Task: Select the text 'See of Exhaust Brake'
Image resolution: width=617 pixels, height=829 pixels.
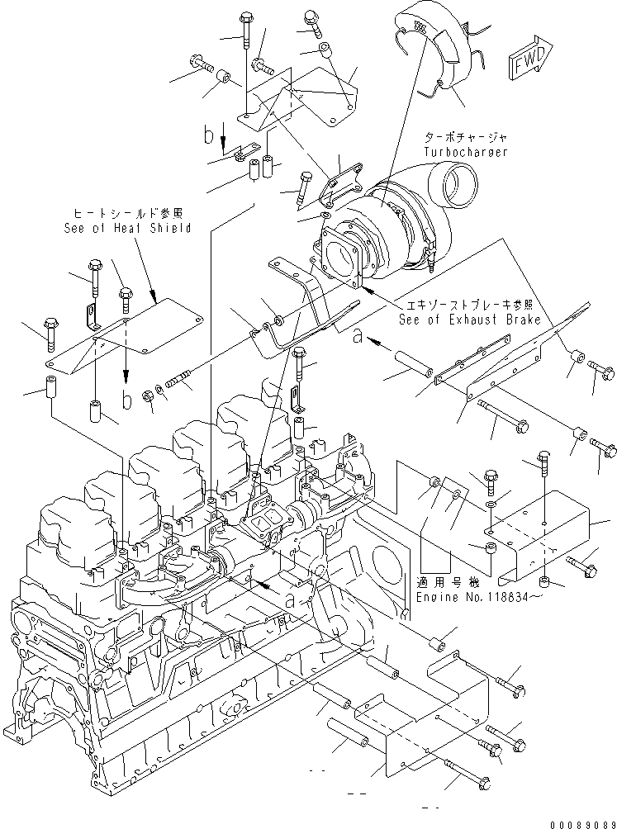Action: (468, 319)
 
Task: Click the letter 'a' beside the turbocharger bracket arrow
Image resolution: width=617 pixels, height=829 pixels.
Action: (357, 336)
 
